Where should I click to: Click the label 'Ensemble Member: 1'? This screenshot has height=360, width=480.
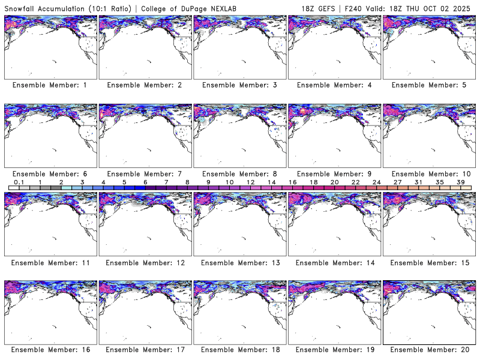pyautogui.click(x=50, y=85)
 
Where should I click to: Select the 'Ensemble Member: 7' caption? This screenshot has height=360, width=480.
pyautogui.click(x=145, y=173)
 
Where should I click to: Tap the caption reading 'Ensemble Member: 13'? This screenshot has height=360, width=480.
pyautogui.click(x=239, y=262)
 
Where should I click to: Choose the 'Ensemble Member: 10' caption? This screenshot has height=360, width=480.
pyautogui.click(x=429, y=173)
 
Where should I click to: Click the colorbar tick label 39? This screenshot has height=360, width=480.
pyautogui.click(x=460, y=182)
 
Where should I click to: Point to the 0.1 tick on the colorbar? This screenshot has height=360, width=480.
pyautogui.click(x=19, y=182)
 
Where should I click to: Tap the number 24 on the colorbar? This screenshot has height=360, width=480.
pyautogui.click(x=376, y=182)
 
